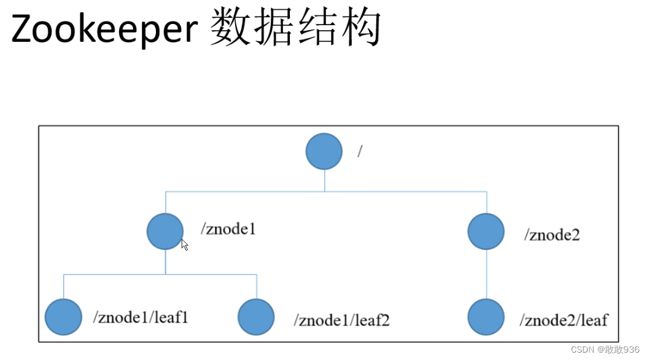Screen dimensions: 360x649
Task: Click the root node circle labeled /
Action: point(324,151)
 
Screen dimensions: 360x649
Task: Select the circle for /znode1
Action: point(165,231)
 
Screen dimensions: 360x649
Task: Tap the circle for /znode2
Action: point(486,232)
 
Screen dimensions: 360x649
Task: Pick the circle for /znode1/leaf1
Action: point(63,317)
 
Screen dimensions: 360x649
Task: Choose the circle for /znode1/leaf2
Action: point(256,317)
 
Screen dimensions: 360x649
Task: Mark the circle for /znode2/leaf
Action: point(486,317)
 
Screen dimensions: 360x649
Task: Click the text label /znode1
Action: point(228,230)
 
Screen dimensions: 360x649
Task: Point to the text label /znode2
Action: point(551,235)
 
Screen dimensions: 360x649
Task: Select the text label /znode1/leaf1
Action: point(141,318)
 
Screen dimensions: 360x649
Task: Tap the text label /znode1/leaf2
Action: point(342,320)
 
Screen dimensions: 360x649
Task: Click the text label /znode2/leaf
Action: point(564,320)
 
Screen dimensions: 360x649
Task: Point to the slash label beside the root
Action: point(360,152)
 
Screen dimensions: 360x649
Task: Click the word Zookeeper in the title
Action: point(103,29)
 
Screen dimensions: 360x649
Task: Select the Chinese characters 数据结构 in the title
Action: point(295,28)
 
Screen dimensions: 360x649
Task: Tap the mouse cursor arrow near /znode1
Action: point(184,245)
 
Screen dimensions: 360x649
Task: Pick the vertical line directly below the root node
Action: point(325,180)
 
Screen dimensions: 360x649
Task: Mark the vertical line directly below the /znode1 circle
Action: point(165,262)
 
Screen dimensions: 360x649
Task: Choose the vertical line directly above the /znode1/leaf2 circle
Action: point(256,286)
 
